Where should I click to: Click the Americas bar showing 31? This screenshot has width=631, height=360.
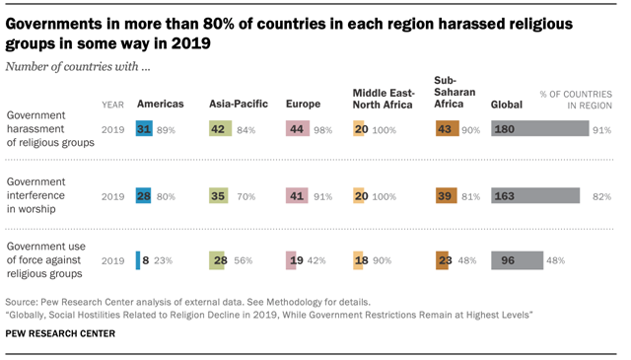click(144, 129)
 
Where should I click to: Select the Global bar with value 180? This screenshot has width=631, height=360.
click(538, 129)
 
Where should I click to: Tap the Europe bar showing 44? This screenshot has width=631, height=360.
click(298, 129)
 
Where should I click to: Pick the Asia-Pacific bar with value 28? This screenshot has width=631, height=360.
click(220, 260)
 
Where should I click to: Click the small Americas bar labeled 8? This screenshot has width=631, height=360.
click(138, 260)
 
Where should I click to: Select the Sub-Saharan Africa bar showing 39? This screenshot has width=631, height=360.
click(446, 195)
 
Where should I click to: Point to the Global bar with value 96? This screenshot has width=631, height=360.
click(516, 260)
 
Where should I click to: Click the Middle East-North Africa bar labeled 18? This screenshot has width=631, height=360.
click(360, 260)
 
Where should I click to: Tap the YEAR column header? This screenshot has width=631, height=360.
click(112, 104)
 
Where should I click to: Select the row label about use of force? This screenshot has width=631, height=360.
click(45, 260)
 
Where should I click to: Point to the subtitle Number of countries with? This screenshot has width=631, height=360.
click(78, 66)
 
